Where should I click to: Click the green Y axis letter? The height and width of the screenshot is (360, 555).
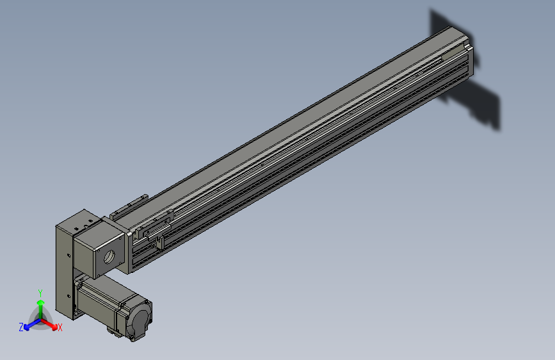40,293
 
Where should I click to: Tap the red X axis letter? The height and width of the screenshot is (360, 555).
60,327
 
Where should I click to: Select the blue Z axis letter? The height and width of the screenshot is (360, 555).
21,327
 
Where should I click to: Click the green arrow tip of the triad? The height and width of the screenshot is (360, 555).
41,302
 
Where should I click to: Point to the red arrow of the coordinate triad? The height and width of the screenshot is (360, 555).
49,324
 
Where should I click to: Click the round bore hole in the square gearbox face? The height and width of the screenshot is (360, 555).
109,256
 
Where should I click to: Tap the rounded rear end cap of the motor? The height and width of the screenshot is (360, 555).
141,318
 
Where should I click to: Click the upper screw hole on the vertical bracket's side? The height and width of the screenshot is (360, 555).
68,255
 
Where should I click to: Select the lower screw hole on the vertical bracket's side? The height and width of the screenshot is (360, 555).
68,296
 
